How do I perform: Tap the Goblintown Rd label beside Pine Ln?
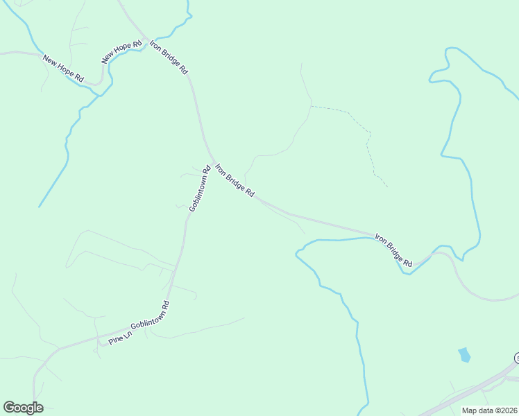[x=150, y=320]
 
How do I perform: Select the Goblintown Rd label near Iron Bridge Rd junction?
[x=198, y=189]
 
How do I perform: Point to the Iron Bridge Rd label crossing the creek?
[x=394, y=250]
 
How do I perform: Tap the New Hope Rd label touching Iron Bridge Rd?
[x=117, y=50]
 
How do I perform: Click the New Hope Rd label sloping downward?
[x=62, y=69]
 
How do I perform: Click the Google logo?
[x=23, y=408]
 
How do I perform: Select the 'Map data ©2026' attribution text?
[x=489, y=410]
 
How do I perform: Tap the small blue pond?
[x=464, y=355]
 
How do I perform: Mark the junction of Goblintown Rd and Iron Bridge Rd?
[x=212, y=162]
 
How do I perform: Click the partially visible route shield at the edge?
[x=516, y=358]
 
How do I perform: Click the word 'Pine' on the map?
[x=112, y=340]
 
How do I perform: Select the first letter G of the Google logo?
[x=9, y=408]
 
